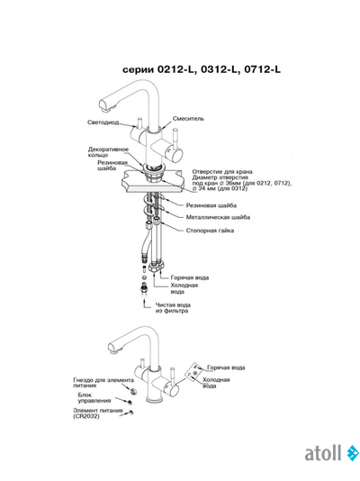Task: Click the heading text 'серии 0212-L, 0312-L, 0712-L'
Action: click(x=202, y=69)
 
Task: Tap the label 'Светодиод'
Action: click(x=103, y=123)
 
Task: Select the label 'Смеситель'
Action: click(x=188, y=118)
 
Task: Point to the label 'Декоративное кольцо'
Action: click(x=108, y=152)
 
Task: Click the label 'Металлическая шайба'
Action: click(x=218, y=217)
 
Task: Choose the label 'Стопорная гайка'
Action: click(x=210, y=231)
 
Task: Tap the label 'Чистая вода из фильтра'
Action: click(x=173, y=308)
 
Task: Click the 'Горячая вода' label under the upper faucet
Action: click(x=190, y=277)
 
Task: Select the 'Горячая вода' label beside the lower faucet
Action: click(x=226, y=368)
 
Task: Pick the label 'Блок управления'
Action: click(x=94, y=397)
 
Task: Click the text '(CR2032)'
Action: click(x=86, y=416)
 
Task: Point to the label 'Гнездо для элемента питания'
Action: click(x=103, y=383)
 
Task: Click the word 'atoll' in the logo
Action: click(x=323, y=453)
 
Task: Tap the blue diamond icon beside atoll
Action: click(x=353, y=453)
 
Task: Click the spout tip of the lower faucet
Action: click(x=112, y=349)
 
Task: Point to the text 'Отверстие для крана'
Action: click(x=222, y=171)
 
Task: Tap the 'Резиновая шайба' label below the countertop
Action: click(x=211, y=205)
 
